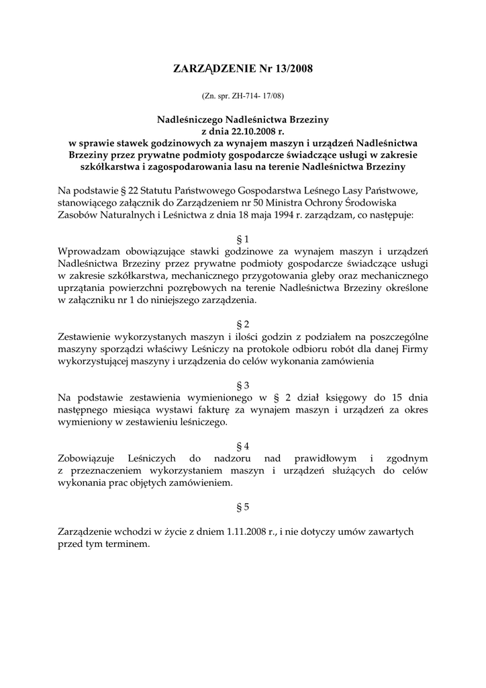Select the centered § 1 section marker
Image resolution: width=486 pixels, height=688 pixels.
[243, 239]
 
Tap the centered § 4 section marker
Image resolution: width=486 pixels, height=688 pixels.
[243, 446]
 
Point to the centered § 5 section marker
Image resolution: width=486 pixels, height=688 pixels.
[243, 507]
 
